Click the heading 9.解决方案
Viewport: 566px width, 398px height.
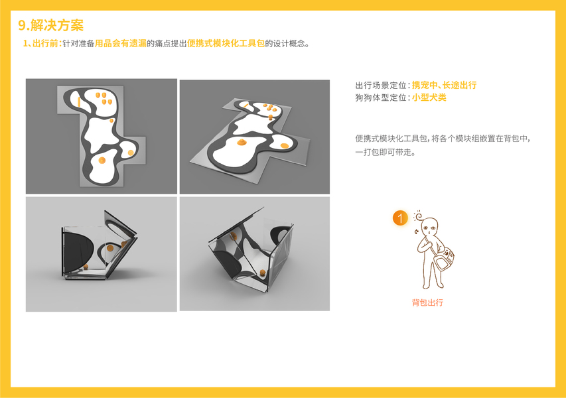tap(51, 25)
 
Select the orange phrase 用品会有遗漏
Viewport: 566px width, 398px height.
tap(121, 44)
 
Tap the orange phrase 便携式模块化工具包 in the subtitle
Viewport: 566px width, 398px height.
tap(226, 44)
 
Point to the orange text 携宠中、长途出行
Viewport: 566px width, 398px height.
tap(444, 85)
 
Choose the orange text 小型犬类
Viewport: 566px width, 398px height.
tap(429, 98)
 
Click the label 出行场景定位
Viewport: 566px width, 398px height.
tap(381, 85)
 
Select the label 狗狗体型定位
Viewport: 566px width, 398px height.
tap(381, 98)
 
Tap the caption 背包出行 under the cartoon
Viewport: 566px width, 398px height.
tap(428, 302)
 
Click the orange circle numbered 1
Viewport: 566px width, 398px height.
tap(400, 218)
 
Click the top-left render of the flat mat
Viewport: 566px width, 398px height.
tap(102, 137)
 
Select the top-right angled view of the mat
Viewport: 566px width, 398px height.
tap(255, 137)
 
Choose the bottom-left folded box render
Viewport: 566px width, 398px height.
tap(102, 254)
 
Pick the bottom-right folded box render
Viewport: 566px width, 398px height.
tap(255, 253)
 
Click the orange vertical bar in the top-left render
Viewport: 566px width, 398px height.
tap(79, 101)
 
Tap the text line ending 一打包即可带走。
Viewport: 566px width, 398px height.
tap(386, 153)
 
